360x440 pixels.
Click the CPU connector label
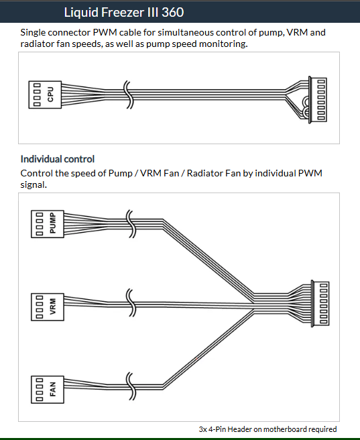pos(50,95)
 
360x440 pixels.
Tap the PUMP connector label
pos(53,223)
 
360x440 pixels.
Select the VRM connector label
pos(53,307)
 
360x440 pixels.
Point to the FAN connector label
pos(53,389)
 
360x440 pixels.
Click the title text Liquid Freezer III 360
pos(124,12)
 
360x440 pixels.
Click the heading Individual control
pos(58,159)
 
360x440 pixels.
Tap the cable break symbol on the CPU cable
pos(129,95)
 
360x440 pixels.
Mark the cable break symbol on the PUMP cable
pos(131,223)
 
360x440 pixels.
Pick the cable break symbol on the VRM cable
pos(131,302)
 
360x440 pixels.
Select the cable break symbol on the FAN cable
pos(131,386)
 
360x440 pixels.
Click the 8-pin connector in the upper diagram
pos(318,100)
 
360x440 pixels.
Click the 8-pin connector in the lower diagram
pos(320,303)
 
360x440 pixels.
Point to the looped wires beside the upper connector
pos(306,107)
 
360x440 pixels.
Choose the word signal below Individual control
pos(34,185)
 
